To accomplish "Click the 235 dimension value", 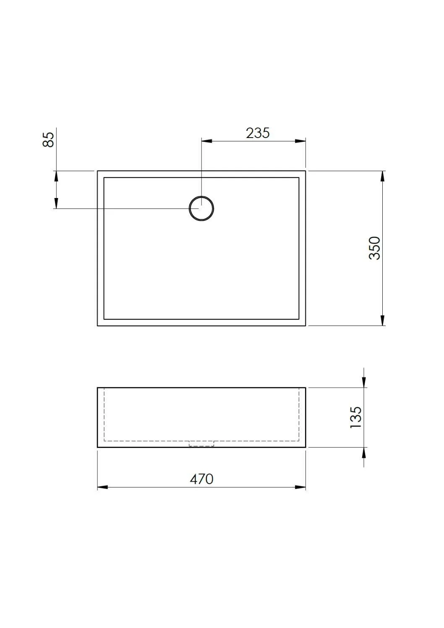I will click(x=258, y=133).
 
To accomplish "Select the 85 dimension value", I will click(x=49, y=139).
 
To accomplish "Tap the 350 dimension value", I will click(x=374, y=248).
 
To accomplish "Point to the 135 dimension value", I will click(x=355, y=417).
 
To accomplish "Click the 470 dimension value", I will click(x=201, y=479).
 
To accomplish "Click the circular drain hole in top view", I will click(x=201, y=208).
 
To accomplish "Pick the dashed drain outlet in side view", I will click(x=201, y=444).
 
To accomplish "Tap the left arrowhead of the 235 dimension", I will click(x=207, y=141).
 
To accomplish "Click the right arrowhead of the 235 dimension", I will click(x=300, y=141).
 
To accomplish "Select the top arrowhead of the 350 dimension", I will click(x=382, y=176).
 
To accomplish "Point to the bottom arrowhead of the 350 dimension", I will click(x=382, y=320).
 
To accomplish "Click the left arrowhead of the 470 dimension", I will click(x=103, y=487).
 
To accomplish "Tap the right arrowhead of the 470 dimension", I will click(x=300, y=487).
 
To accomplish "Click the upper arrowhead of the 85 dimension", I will click(x=55, y=176).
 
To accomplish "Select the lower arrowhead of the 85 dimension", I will click(x=55, y=203).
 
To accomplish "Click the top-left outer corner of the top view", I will click(x=97, y=171).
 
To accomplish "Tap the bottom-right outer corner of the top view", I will click(x=306, y=326).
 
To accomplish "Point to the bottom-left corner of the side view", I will click(x=97, y=447).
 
